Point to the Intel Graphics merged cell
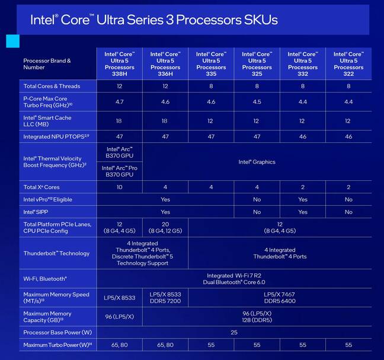(x=257, y=161)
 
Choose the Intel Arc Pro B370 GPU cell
(x=119, y=171)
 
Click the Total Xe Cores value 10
(x=119, y=187)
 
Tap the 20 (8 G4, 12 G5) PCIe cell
(x=165, y=228)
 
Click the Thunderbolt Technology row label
(x=56, y=253)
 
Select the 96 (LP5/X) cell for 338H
(x=119, y=316)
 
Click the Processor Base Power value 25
(x=233, y=332)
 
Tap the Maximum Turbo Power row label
(x=57, y=345)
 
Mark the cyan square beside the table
(x=12, y=41)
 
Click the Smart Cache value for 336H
(x=165, y=121)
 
